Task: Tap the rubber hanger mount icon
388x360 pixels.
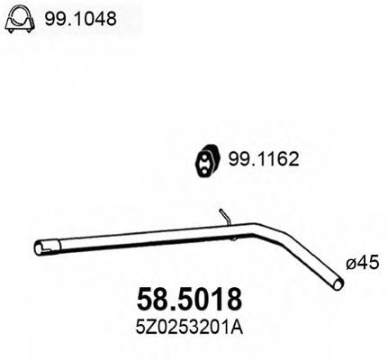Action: point(206,161)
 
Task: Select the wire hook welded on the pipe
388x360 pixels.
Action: point(226,217)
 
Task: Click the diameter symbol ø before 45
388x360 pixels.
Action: point(350,265)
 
